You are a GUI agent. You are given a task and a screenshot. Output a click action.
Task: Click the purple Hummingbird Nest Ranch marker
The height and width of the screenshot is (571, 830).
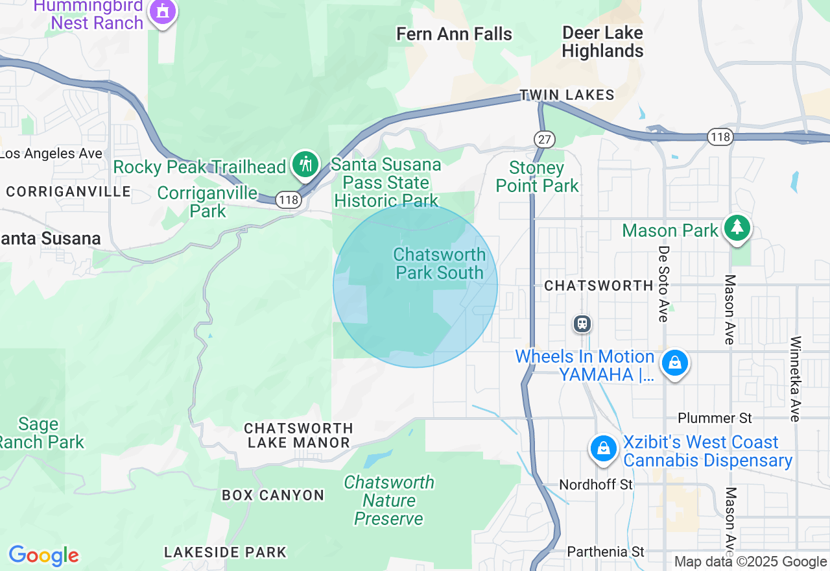(x=162, y=12)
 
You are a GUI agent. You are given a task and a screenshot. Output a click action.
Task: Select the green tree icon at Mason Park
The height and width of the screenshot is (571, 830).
(x=737, y=228)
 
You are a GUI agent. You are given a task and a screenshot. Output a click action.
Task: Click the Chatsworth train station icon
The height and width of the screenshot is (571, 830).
(x=582, y=323)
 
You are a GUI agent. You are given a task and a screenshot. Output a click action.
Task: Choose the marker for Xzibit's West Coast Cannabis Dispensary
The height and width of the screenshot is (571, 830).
(x=604, y=448)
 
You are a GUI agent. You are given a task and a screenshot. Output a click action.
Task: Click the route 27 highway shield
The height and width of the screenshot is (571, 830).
(x=545, y=138)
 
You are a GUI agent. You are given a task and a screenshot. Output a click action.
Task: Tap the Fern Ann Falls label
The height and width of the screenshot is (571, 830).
(x=454, y=34)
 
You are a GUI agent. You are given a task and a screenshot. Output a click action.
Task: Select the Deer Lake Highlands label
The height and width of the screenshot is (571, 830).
(x=603, y=42)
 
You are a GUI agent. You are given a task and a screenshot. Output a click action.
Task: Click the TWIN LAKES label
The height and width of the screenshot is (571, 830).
(x=567, y=95)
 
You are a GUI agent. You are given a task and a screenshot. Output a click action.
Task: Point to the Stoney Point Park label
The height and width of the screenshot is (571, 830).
(x=537, y=177)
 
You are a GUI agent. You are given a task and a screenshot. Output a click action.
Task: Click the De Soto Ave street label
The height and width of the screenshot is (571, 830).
(x=663, y=284)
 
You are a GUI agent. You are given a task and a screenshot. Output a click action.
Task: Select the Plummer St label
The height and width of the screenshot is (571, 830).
(x=715, y=418)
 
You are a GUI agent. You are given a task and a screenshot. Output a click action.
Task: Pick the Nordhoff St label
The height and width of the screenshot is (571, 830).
(x=596, y=485)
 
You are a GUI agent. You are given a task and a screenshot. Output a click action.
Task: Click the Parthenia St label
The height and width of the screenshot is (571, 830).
(x=606, y=552)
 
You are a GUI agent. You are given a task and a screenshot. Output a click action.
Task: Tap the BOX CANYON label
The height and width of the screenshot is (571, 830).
(x=273, y=495)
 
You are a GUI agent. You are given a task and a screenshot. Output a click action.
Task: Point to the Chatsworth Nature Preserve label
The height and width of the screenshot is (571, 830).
(x=389, y=500)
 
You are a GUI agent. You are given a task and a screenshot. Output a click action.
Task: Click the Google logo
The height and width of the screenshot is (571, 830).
(x=43, y=555)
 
